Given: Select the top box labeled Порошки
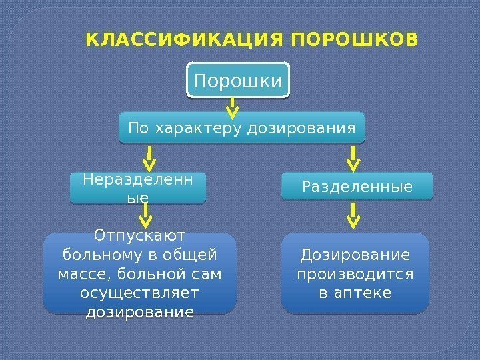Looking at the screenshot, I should click(x=238, y=81).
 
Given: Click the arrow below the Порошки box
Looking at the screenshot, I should click(x=232, y=106).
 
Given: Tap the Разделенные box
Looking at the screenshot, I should click(x=357, y=186).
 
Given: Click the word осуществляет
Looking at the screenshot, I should click(x=140, y=293).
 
